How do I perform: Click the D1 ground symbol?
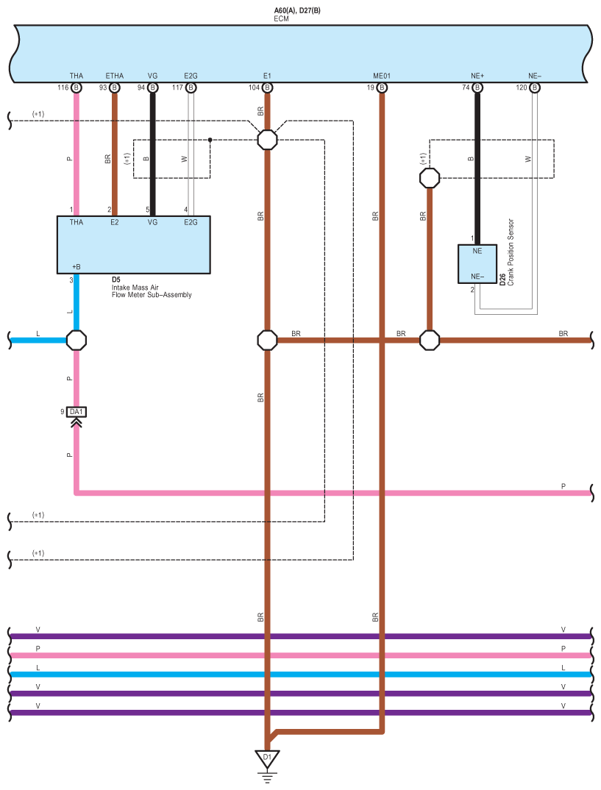[x=267, y=757]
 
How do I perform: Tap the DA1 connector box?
[x=77, y=412]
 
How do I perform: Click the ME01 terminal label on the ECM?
[x=382, y=76]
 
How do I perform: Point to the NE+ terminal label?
[x=477, y=76]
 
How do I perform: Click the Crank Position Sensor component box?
[x=477, y=264]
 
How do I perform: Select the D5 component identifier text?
[x=116, y=280]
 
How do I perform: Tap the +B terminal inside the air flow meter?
[x=76, y=266]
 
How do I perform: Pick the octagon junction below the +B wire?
[x=77, y=340]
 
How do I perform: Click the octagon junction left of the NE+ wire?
[x=429, y=177]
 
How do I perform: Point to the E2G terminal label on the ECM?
[x=191, y=76]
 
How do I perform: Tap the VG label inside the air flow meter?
[x=152, y=221]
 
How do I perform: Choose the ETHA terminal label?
[x=115, y=76]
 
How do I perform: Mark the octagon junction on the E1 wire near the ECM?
[x=267, y=139]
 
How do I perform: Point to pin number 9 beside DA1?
[x=63, y=412]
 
